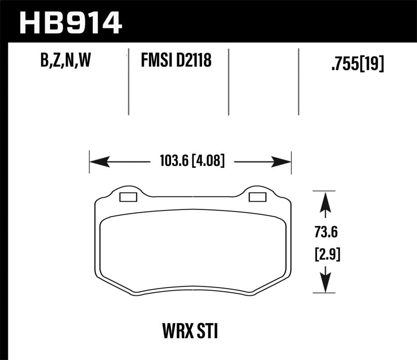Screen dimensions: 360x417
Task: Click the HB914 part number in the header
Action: pyautogui.click(x=71, y=21)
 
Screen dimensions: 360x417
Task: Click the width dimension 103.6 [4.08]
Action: pyautogui.click(x=190, y=162)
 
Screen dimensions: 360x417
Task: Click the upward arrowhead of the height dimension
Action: pyautogui.click(x=325, y=201)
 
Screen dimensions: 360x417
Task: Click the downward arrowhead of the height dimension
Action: pyautogui.click(x=325, y=284)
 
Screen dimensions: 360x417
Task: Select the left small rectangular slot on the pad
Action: pyautogui.click(x=128, y=197)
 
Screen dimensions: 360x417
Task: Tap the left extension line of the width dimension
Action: pyautogui.click(x=90, y=163)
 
